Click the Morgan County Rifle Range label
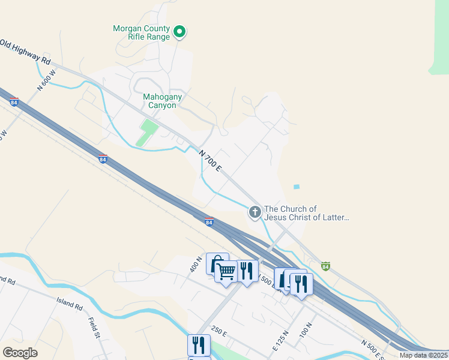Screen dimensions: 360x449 click(141, 32)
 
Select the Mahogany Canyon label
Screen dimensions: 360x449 click(162, 101)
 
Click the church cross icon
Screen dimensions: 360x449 click(255, 211)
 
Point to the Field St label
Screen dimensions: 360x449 click(94, 328)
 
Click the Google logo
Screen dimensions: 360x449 click(20, 353)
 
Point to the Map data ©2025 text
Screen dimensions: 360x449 click(423, 355)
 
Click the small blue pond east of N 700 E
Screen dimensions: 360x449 click(296, 187)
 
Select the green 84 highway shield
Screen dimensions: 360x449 click(325, 265)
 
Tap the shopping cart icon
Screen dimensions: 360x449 click(226, 272)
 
